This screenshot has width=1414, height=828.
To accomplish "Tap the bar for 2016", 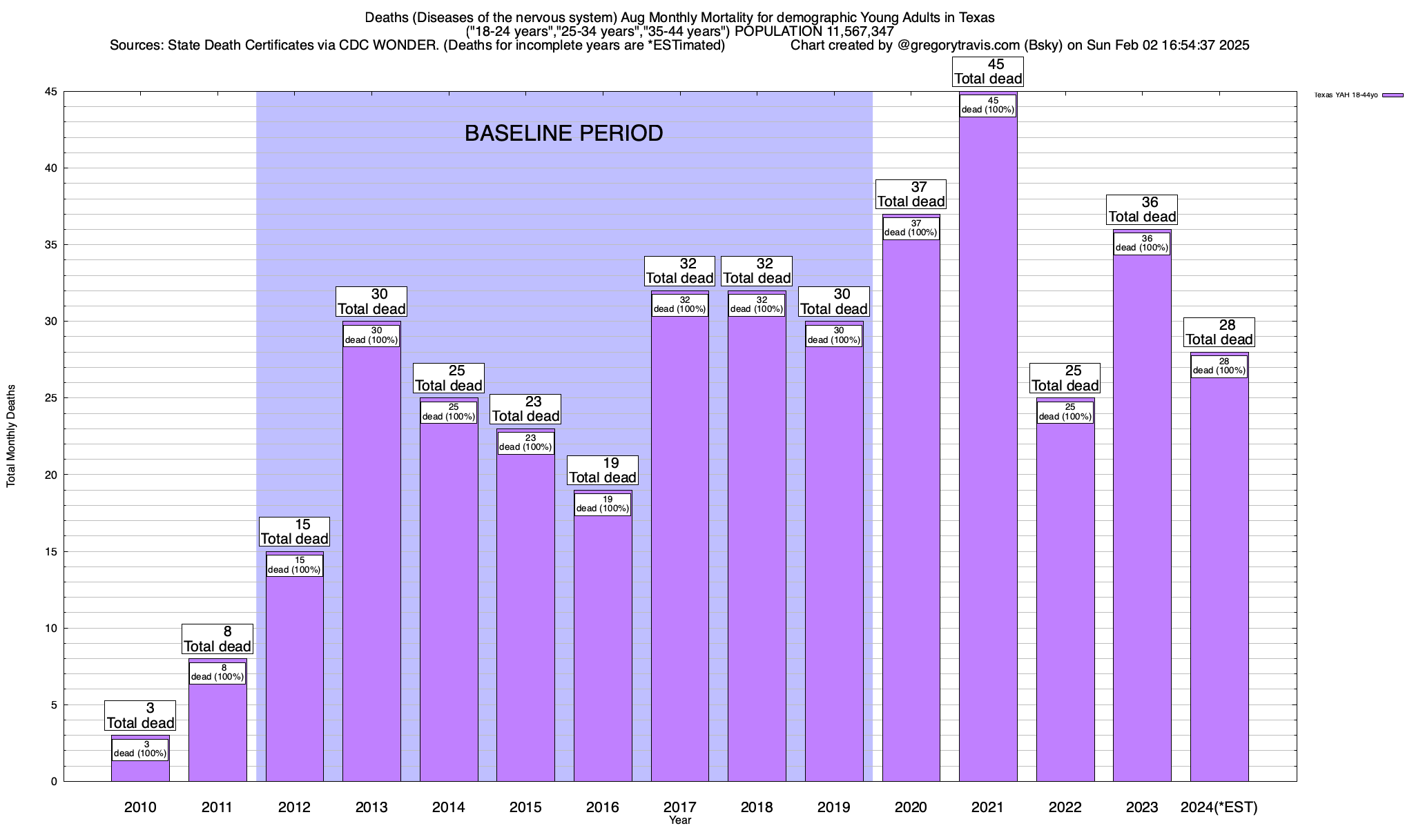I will pyautogui.click(x=603, y=649).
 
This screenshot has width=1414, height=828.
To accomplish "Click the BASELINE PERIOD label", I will pyautogui.click(x=563, y=133).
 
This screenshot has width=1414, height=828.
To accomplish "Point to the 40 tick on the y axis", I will pyautogui.click(x=51, y=168).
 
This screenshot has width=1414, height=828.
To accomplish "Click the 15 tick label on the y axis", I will pyautogui.click(x=51, y=552).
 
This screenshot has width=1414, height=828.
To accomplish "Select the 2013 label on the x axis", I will pyautogui.click(x=371, y=807).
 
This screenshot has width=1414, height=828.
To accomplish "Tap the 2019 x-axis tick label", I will pyautogui.click(x=834, y=807).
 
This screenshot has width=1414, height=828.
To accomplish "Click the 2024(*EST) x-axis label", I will pyautogui.click(x=1219, y=807).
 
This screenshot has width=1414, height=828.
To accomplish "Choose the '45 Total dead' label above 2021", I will pyautogui.click(x=988, y=72).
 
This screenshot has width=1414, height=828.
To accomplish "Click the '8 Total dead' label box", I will pyautogui.click(x=217, y=639).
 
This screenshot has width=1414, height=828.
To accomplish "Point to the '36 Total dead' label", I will pyautogui.click(x=1142, y=210).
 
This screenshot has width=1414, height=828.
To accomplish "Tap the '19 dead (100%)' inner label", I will pyautogui.click(x=603, y=504).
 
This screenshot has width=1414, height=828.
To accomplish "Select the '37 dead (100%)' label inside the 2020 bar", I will pyautogui.click(x=911, y=228).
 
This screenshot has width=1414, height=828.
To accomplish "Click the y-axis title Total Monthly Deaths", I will pyautogui.click(x=11, y=436).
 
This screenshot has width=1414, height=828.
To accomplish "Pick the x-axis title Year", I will pyautogui.click(x=680, y=820).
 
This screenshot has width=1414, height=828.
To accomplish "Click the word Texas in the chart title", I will pyautogui.click(x=976, y=17).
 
